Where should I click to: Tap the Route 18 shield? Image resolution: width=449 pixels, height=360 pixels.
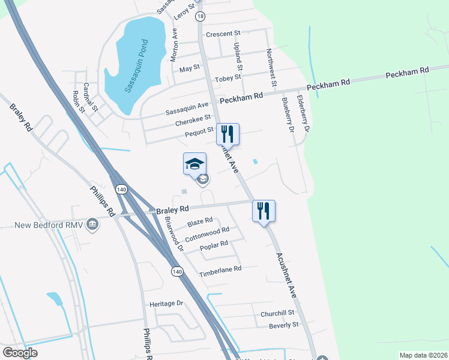(x=200, y=16)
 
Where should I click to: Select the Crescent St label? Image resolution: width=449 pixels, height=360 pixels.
(x=223, y=34)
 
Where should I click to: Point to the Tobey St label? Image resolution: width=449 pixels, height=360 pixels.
(x=228, y=77)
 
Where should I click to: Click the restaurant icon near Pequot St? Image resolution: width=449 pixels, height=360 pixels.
(x=228, y=134)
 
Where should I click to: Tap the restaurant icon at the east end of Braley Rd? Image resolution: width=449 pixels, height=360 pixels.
(x=264, y=211)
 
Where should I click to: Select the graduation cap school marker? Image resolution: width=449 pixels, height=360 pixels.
(x=194, y=164)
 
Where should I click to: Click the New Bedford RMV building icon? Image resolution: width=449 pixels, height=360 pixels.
(x=92, y=224)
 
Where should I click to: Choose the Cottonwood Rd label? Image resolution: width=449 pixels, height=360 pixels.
(x=208, y=234)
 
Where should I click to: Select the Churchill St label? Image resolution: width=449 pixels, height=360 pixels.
(x=277, y=313)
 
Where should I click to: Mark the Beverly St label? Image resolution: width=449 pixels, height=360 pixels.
(x=283, y=325)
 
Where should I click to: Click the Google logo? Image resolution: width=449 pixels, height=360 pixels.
(x=20, y=352)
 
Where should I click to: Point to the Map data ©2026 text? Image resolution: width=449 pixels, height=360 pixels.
(x=423, y=355)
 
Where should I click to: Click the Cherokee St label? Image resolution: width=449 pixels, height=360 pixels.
(x=193, y=121)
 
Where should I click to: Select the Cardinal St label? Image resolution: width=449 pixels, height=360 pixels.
(x=91, y=97)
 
